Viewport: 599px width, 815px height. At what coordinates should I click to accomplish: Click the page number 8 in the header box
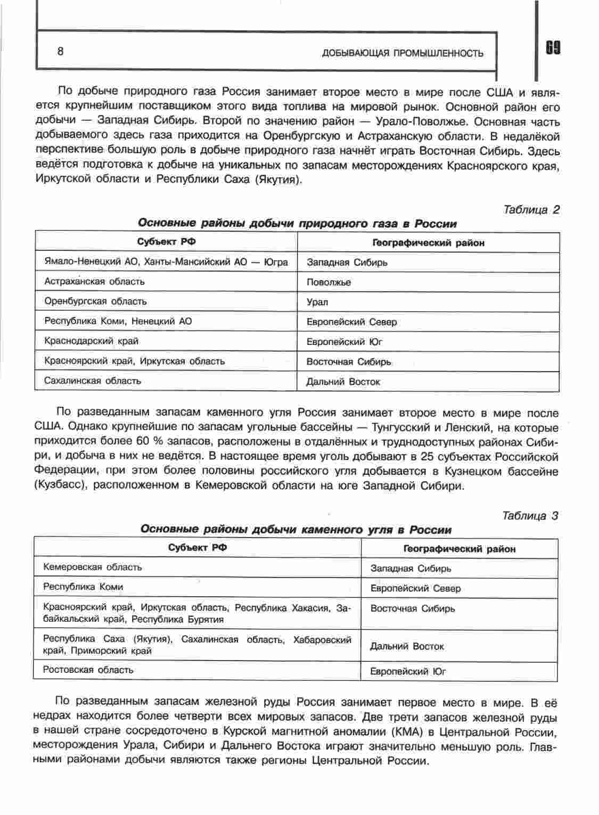click(x=60, y=51)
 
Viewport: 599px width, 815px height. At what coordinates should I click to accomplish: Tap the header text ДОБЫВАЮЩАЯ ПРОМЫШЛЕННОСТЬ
click(x=403, y=53)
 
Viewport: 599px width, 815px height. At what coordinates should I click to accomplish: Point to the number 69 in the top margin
click(x=552, y=48)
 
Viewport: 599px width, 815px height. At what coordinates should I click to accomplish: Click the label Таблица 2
click(x=531, y=210)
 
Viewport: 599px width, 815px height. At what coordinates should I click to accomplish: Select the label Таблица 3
click(x=530, y=516)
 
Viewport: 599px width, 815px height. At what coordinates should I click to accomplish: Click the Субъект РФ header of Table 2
click(x=166, y=242)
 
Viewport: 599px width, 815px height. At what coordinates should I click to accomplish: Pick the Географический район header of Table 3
click(x=459, y=549)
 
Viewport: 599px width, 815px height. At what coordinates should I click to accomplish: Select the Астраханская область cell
click(x=94, y=282)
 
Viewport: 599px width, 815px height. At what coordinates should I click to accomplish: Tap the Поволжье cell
click(x=329, y=283)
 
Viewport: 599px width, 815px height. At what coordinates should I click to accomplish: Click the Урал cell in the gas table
click(x=317, y=302)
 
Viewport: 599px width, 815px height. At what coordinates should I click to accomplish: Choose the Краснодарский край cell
click(x=92, y=341)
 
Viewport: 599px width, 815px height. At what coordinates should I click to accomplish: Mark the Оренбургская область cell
click(x=95, y=301)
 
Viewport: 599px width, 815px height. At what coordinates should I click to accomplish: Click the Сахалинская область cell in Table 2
click(x=93, y=381)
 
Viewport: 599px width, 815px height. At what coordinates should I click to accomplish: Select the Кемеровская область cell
click(x=93, y=567)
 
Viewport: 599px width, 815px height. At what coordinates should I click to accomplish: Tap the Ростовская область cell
click(x=88, y=670)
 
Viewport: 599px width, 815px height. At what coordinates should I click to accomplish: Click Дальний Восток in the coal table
click(x=407, y=646)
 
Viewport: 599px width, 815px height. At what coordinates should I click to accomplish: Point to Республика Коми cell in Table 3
click(x=83, y=587)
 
